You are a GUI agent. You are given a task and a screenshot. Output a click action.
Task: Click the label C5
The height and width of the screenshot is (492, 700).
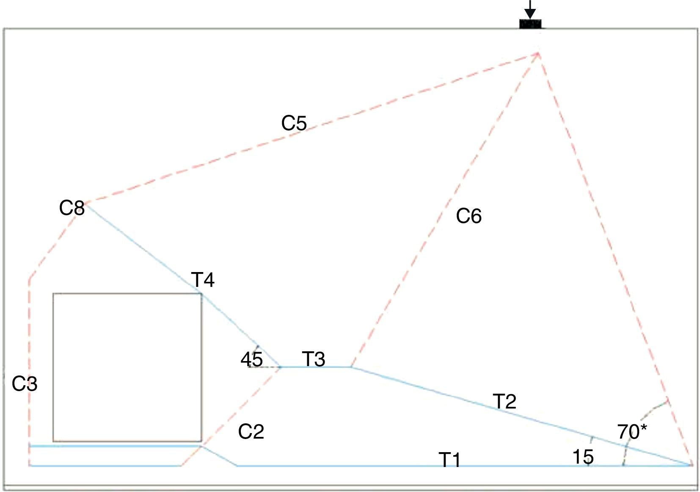coord(294,123)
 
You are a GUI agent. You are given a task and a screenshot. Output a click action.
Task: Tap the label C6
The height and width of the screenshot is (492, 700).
coord(469,217)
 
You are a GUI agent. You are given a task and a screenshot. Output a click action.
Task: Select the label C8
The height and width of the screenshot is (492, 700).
coord(72,208)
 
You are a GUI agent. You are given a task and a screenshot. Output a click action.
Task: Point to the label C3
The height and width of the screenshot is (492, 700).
coord(25,384)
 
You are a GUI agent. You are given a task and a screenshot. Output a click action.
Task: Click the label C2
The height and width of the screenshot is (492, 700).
coord(251,432)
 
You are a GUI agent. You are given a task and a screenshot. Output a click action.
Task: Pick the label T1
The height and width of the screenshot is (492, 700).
coord(449,460)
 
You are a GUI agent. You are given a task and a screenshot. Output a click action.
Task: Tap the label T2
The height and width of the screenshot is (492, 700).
coord(504,401)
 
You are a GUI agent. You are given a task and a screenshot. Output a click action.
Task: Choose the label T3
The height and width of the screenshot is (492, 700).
coord(314,359)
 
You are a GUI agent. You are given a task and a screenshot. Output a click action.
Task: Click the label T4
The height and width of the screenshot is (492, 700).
coord(203,280)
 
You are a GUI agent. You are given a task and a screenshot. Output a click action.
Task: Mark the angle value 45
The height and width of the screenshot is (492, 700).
coord(251,360)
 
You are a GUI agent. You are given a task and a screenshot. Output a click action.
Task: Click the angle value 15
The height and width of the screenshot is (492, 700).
coord(583,457)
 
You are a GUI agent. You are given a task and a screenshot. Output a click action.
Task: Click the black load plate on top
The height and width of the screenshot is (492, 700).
coord(530,24)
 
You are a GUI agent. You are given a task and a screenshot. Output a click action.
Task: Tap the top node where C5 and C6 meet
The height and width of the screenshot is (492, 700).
coord(538,53)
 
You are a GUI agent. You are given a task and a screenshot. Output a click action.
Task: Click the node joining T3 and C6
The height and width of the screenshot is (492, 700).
coord(351,367)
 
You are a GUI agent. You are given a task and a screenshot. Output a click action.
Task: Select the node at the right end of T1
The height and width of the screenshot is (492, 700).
coord(692,465)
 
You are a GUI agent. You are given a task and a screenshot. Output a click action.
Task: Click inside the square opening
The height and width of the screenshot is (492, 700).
coord(127,367)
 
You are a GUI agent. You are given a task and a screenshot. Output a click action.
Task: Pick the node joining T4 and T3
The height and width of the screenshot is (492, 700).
coord(280,367)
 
